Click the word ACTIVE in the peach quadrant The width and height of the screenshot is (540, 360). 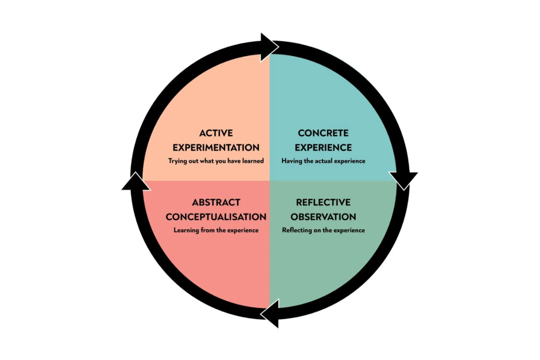[216, 133]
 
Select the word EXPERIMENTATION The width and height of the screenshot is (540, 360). [216, 147]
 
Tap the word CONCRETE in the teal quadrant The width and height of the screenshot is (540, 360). [323, 133]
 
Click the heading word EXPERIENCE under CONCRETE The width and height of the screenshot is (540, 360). [323, 147]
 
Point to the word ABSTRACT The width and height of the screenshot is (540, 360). [216, 202]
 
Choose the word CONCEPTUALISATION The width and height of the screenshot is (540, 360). [216, 216]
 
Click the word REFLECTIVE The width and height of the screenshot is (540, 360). [323, 202]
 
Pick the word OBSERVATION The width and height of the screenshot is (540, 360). [323, 216]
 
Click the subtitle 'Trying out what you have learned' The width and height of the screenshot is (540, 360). [216, 161]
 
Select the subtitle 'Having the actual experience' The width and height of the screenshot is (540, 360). [323, 161]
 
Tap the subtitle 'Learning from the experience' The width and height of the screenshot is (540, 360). [216, 230]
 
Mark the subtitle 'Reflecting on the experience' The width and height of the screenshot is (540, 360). [323, 230]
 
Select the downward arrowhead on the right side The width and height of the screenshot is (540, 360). [404, 180]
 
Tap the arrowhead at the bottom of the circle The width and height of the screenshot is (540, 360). [270, 314]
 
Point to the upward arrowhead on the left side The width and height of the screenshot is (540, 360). [135, 181]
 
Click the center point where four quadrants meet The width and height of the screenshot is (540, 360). [270, 180]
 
